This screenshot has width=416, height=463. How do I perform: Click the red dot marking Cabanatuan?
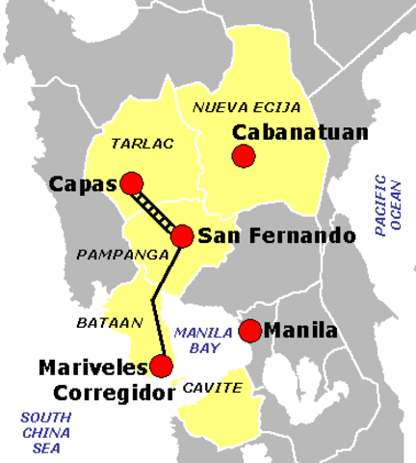pyautogui.click(x=244, y=155)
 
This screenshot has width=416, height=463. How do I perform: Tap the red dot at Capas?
pyautogui.click(x=131, y=183)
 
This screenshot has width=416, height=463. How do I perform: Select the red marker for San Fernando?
pyautogui.click(x=182, y=235)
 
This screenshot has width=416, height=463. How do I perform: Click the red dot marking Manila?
pyautogui.click(x=250, y=331)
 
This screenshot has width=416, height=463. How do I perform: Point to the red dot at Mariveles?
pyautogui.click(x=161, y=366)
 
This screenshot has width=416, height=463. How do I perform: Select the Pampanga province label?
pyautogui.click(x=112, y=255)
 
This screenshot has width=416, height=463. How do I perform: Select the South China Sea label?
pyautogui.click(x=44, y=430)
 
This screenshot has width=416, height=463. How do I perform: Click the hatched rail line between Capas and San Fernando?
pyautogui.click(x=157, y=209)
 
